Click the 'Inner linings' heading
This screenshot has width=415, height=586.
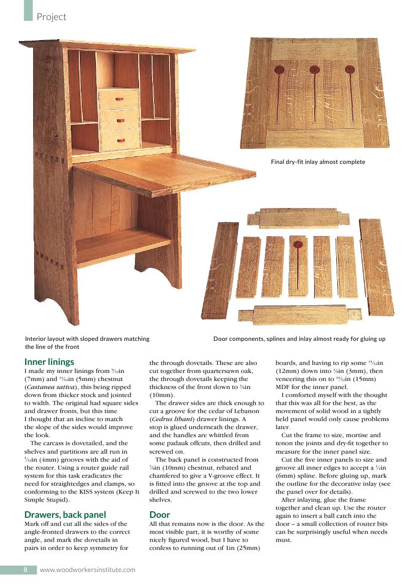pos(49,361)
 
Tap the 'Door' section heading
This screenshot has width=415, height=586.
pos(160,514)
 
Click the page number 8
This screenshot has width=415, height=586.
pos(25,569)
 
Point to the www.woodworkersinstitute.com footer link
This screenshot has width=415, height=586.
pos(87,569)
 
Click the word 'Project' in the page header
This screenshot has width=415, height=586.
pos(51,17)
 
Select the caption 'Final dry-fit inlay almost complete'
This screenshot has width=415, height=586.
pos(318,162)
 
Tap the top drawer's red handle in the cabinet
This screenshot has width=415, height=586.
pos(119,99)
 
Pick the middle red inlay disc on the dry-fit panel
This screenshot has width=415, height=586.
pos(315,70)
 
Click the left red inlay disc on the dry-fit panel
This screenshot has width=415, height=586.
pos(280,70)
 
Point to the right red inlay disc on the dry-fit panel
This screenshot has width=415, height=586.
pos(350,70)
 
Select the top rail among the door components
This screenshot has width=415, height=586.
pos(300,218)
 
